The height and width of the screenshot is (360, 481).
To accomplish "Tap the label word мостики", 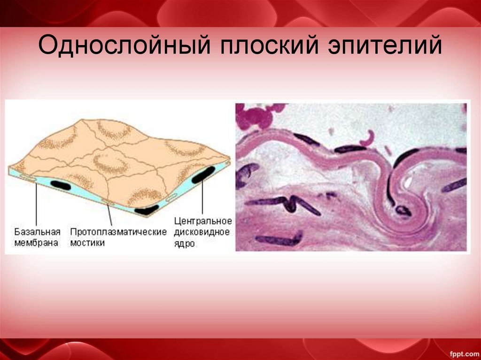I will click(87, 243).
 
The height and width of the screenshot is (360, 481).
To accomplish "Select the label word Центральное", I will click(203, 221).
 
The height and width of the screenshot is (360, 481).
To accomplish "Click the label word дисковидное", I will click(202, 232).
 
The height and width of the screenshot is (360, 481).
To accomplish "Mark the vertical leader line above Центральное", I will click(202, 197).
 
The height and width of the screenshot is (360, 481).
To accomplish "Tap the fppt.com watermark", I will click(463, 352).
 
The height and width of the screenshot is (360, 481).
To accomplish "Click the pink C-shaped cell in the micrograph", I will click(369, 137).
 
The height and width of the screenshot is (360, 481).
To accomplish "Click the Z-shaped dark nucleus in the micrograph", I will click(291, 203).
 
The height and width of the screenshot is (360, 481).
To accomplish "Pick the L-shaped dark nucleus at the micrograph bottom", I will click(277, 240).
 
